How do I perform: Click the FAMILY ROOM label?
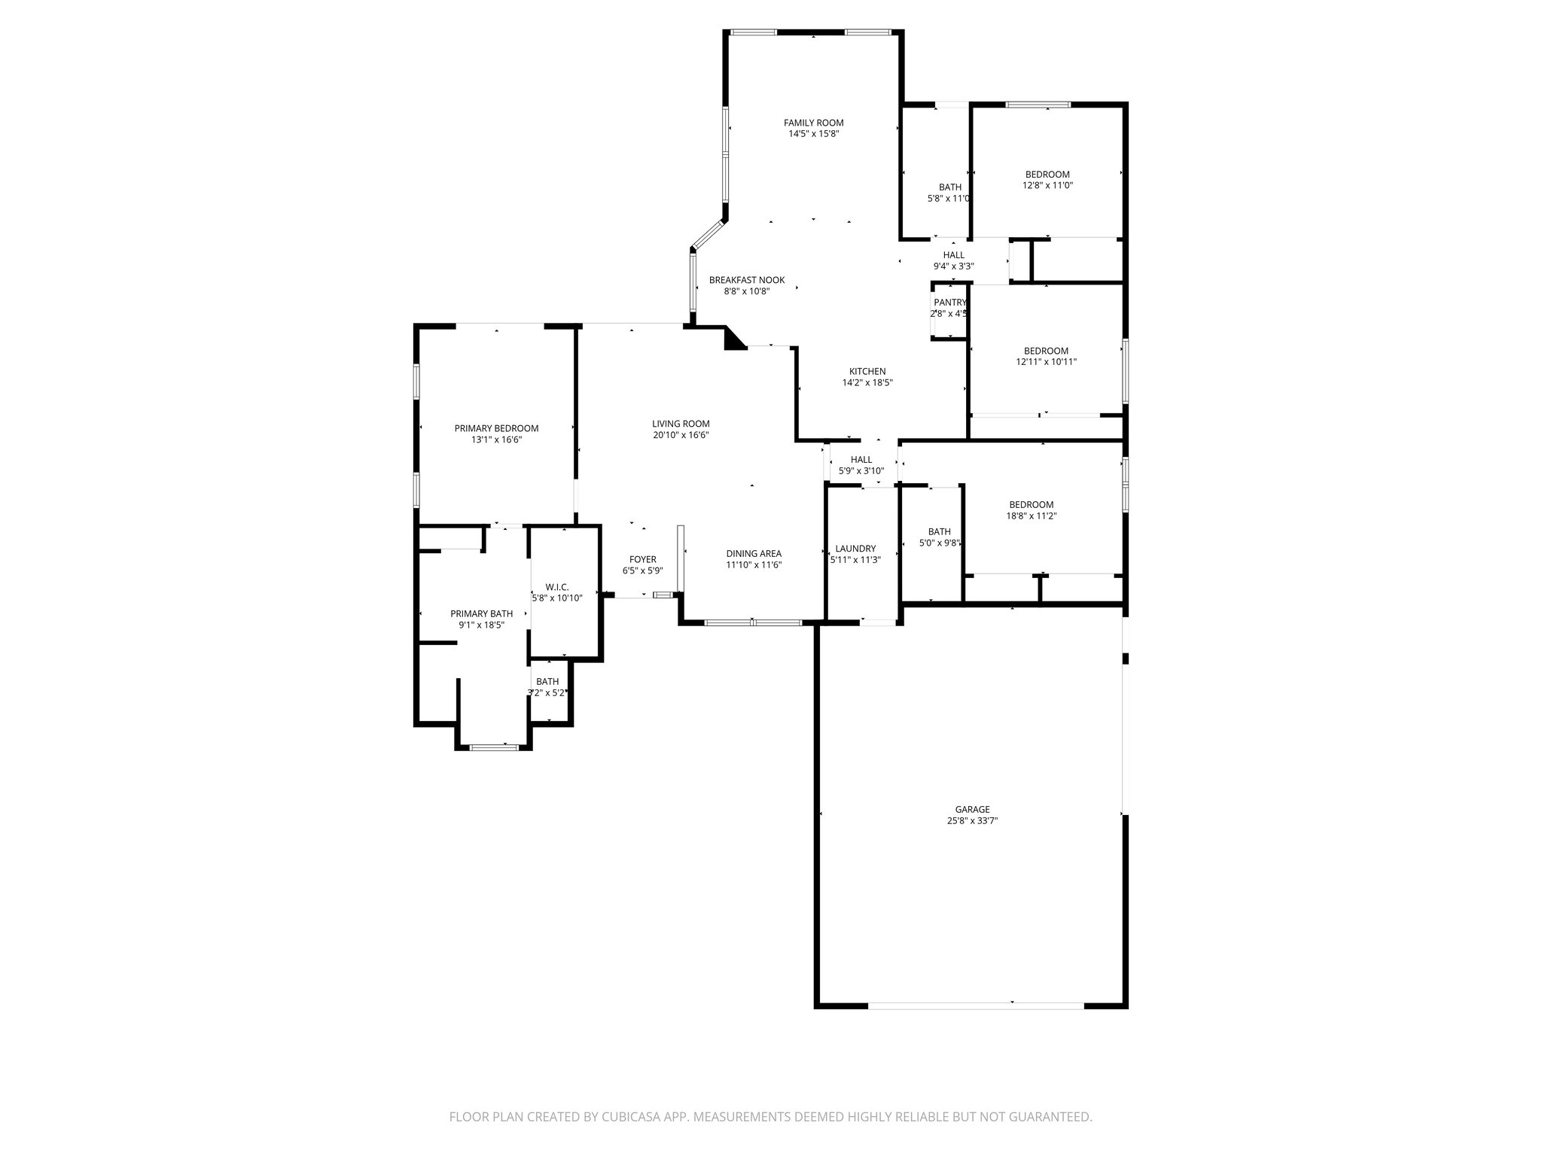[x=813, y=123]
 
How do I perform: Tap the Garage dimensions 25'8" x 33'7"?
[x=972, y=821]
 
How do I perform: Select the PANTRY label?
[x=949, y=303]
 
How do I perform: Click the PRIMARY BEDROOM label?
[x=496, y=428]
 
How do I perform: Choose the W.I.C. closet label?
[x=556, y=587]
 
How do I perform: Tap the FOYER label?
[x=642, y=559]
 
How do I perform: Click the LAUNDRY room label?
[x=855, y=549]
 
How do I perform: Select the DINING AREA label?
[x=753, y=553]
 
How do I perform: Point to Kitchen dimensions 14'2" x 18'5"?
[x=867, y=382]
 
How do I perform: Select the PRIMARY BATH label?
[x=481, y=613]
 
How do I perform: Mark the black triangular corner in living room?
[x=732, y=340]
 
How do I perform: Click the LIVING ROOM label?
[x=681, y=424]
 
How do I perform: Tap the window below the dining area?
[x=753, y=622]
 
